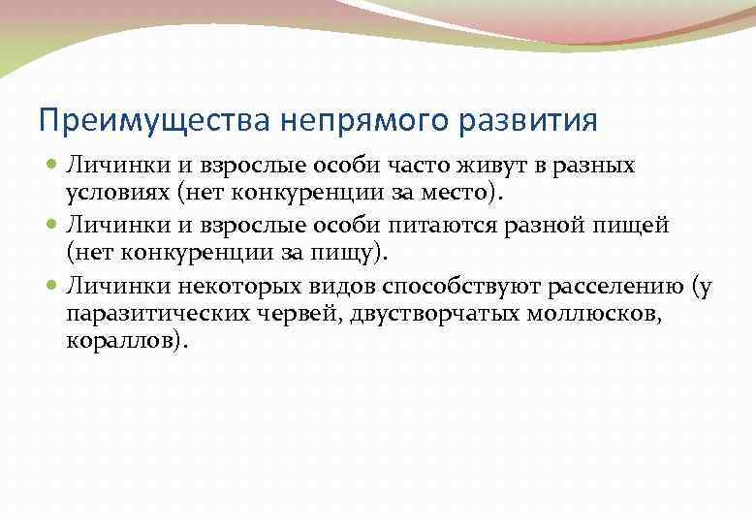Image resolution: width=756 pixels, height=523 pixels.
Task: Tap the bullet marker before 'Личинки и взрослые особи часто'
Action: coord(52,167)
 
